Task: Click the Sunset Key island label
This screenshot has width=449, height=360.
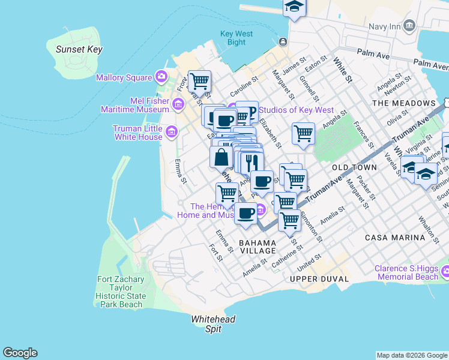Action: click(x=79, y=50)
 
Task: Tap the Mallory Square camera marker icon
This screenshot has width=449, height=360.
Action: click(x=161, y=77)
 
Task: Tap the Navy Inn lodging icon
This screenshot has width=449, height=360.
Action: click(x=410, y=25)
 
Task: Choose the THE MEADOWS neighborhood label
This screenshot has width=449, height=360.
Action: click(x=403, y=103)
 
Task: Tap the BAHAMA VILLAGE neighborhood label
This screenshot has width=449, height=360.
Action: click(x=258, y=247)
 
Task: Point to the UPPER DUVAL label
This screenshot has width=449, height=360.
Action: click(x=319, y=279)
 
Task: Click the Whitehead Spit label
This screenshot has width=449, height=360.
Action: click(x=213, y=324)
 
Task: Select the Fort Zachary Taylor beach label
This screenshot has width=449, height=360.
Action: click(x=120, y=292)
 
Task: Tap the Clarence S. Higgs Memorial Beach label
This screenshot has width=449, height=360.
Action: click(x=407, y=273)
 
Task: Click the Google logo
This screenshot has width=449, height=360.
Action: click(x=20, y=353)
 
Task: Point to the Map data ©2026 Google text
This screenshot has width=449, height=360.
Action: click(x=412, y=355)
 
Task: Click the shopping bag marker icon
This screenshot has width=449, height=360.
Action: click(x=221, y=157)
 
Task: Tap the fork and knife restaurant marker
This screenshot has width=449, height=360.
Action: click(x=252, y=161)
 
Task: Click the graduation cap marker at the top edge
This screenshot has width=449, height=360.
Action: click(x=294, y=7)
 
